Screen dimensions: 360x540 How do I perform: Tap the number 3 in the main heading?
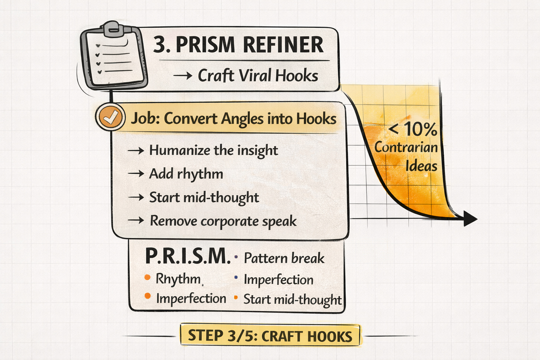(160, 45)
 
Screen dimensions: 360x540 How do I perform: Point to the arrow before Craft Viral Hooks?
(183, 76)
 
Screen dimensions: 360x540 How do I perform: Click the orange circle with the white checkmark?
(110, 118)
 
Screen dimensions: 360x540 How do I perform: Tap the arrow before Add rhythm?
(136, 174)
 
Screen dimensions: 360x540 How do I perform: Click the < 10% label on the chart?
(412, 129)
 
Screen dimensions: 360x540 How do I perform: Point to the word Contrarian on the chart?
(406, 147)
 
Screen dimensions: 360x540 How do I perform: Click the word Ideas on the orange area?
(421, 166)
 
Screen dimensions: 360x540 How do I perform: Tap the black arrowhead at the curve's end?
(470, 218)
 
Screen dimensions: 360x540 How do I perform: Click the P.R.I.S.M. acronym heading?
(187, 256)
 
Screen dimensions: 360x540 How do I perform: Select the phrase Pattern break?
(284, 258)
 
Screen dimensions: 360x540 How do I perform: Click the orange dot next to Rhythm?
(148, 277)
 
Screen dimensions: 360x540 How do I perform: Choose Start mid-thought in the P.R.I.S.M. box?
(292, 299)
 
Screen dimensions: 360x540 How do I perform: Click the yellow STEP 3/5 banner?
(270, 336)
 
